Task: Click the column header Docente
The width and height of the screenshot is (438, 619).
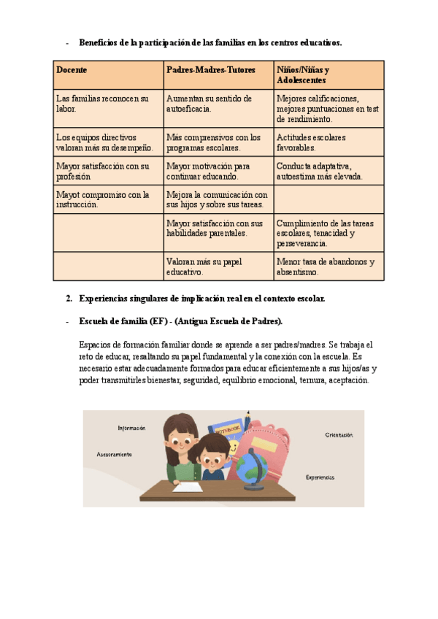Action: pyautogui.click(x=72, y=69)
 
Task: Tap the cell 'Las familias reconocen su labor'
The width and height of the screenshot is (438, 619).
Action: pyautogui.click(x=102, y=103)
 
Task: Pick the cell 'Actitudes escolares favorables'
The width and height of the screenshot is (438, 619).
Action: pyautogui.click(x=311, y=142)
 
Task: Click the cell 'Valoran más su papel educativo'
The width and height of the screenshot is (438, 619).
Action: pyautogui.click(x=204, y=266)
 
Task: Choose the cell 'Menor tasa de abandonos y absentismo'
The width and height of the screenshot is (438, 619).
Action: pyautogui.click(x=325, y=266)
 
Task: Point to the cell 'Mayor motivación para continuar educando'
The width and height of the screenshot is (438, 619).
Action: pyautogui.click(x=208, y=171)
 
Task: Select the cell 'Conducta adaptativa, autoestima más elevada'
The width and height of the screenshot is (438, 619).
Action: pyautogui.click(x=320, y=171)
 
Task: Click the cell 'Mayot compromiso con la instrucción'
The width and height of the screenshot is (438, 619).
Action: pyautogui.click(x=102, y=199)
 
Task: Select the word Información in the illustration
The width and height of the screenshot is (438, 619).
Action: pyautogui.click(x=131, y=428)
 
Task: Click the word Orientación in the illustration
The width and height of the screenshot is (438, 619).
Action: pyautogui.click(x=339, y=435)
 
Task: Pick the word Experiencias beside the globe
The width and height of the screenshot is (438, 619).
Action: pyautogui.click(x=320, y=477)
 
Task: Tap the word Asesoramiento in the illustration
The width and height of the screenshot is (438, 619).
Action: pyautogui.click(x=114, y=454)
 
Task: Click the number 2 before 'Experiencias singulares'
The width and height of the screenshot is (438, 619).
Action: pyautogui.click(x=68, y=299)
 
